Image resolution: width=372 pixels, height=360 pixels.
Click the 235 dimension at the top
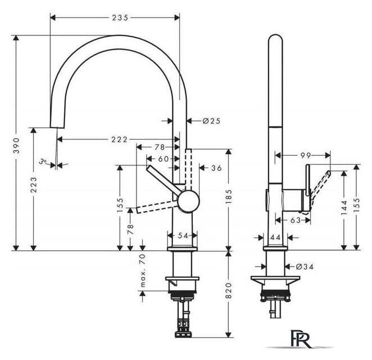(120, 17)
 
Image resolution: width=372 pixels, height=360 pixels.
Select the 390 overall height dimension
(16, 145)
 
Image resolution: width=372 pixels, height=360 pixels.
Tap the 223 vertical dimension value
(34, 184)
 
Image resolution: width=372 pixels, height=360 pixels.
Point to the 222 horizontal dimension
(119, 139)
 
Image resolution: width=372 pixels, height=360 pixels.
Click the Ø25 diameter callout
(211, 121)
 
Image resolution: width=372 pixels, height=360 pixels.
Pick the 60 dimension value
(164, 159)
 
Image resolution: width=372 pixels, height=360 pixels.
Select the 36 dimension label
(216, 168)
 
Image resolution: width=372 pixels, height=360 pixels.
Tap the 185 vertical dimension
(229, 196)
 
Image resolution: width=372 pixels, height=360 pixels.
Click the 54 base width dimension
(183, 236)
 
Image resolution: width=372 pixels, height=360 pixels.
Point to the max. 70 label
(143, 270)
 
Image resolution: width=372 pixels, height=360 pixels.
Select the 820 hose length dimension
(228, 290)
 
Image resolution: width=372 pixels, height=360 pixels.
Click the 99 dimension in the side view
(306, 156)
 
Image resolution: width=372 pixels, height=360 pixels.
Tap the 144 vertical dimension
(344, 208)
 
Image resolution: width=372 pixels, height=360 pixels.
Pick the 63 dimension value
(296, 220)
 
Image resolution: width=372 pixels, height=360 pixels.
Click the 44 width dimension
(275, 237)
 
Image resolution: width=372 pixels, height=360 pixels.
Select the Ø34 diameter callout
(305, 267)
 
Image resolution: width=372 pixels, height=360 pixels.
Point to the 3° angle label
(43, 161)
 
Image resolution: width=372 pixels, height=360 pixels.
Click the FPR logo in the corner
(301, 339)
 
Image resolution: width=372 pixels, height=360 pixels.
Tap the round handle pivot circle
(189, 201)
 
